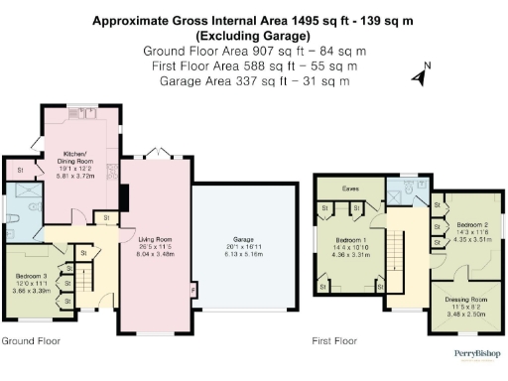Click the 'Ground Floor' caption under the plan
30,341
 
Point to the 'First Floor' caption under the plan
333,341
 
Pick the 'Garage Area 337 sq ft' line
253,81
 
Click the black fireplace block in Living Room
123,197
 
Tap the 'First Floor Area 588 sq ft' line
253,65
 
